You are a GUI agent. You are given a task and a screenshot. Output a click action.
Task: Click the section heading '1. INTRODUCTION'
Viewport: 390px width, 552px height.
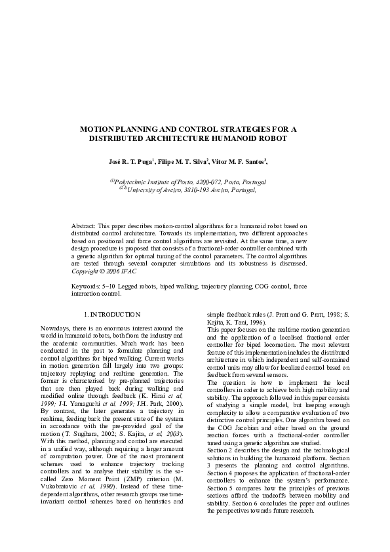113,315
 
